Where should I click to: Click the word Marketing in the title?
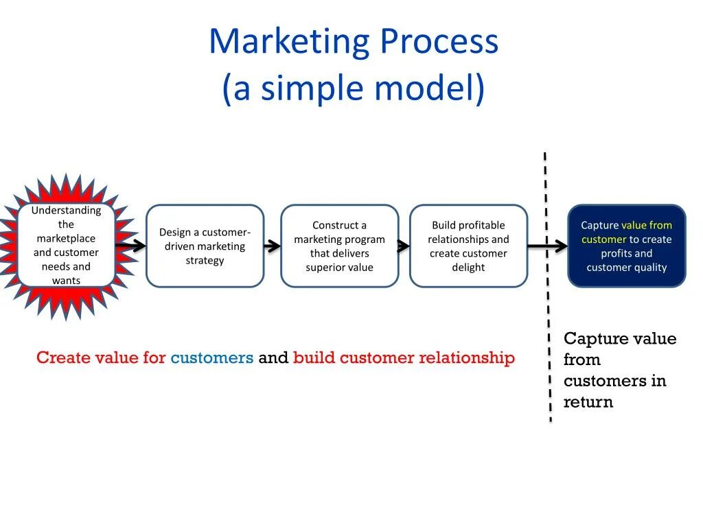click(x=289, y=42)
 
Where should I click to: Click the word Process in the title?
click(x=439, y=42)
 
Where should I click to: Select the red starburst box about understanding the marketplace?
click(x=66, y=245)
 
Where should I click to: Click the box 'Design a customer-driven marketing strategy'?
click(x=205, y=246)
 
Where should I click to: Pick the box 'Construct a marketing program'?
click(x=339, y=246)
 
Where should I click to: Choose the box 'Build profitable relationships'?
click(x=468, y=246)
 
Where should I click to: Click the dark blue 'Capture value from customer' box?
click(x=626, y=246)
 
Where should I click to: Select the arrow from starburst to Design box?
click(x=130, y=245)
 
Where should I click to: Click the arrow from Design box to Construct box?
click(x=273, y=246)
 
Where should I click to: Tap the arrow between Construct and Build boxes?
click(x=404, y=246)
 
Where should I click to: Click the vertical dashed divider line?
click(x=548, y=309)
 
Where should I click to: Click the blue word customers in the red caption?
click(x=212, y=358)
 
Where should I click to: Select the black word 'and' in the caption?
click(x=273, y=358)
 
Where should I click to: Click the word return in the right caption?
click(x=588, y=402)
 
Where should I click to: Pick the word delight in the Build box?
click(x=468, y=268)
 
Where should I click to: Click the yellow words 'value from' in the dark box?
click(x=647, y=225)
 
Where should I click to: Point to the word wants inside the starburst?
click(x=66, y=281)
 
